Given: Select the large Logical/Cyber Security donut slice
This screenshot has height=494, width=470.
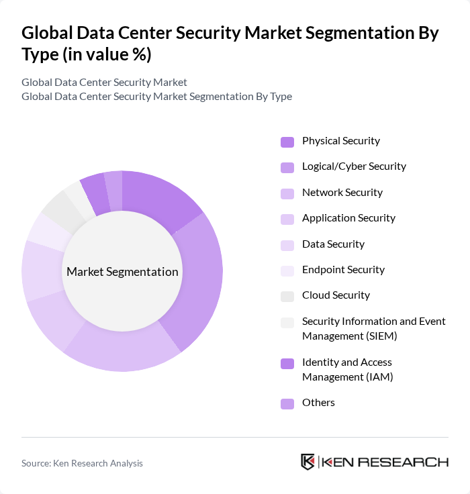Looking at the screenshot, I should [x=198, y=282].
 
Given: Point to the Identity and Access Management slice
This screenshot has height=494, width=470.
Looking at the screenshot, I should [x=94, y=192].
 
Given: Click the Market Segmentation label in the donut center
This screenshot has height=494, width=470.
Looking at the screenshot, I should [x=122, y=272].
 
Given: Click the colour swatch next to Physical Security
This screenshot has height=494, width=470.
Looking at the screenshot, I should [x=287, y=142].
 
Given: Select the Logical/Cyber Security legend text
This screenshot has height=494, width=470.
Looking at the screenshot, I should [x=354, y=166].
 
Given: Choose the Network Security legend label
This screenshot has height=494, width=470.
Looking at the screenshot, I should [x=342, y=193].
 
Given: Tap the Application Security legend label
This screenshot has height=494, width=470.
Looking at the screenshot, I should [x=348, y=218].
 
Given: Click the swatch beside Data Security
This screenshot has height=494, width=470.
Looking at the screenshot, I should [x=287, y=245].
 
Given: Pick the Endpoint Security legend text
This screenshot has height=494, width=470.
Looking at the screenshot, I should [x=343, y=270].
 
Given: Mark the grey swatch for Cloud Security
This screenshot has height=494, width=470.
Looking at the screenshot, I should [x=287, y=296].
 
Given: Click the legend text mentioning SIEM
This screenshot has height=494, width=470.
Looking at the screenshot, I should [x=373, y=328].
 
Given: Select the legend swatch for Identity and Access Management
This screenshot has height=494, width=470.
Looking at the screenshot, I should [x=287, y=363].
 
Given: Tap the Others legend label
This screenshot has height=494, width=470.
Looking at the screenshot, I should [x=318, y=403].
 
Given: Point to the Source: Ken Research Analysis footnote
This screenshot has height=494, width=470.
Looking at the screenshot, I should [x=82, y=463].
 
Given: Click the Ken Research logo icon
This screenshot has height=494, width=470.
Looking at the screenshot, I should [x=308, y=462].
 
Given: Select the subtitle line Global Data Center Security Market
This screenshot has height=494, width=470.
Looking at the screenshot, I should [x=104, y=83].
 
